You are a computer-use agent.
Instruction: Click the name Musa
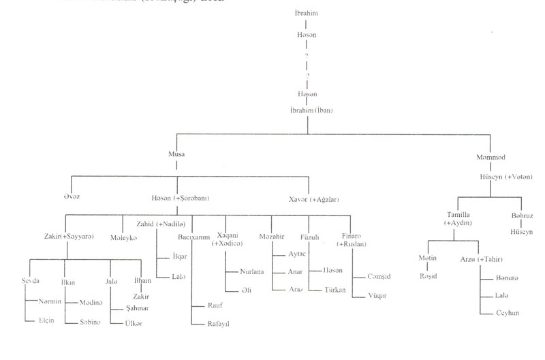[x=176, y=155]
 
